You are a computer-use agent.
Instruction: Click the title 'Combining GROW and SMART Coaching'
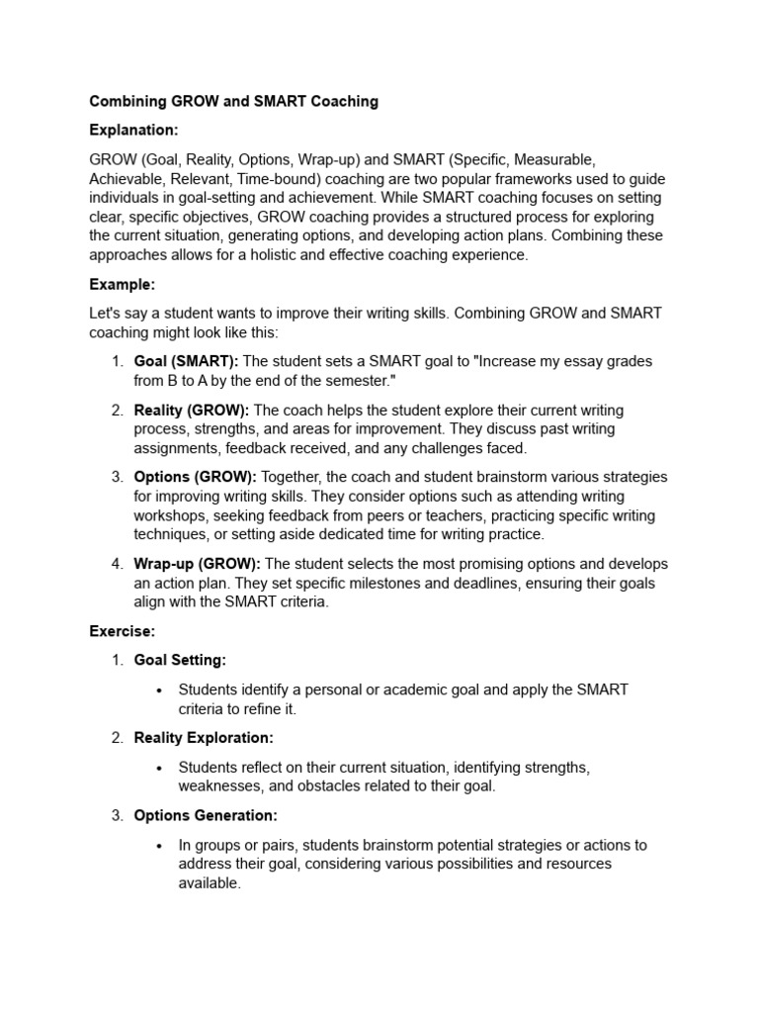coord(233,101)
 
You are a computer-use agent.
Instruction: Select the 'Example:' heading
coord(123,284)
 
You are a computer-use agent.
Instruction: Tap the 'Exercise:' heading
coord(124,630)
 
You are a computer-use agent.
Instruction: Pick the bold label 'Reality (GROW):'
coord(192,410)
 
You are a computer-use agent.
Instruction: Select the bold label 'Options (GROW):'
coord(195,477)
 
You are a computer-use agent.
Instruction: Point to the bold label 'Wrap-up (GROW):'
coord(197,564)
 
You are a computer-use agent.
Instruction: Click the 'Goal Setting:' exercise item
coord(180,660)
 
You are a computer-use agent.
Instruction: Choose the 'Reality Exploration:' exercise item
coord(204,738)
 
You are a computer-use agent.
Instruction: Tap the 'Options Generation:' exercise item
coord(206,816)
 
